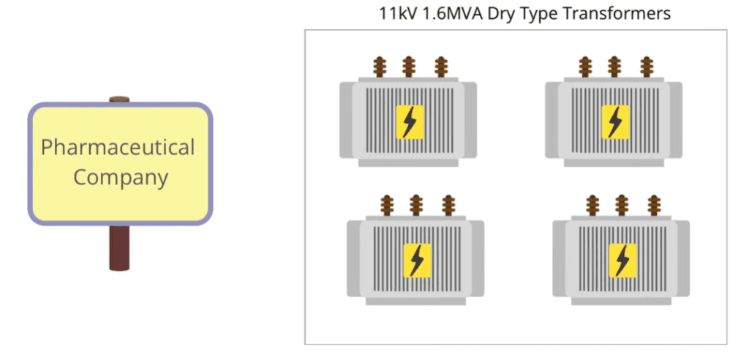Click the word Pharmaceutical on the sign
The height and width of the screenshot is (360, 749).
(x=118, y=148)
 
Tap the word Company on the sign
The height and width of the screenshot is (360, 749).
(x=121, y=177)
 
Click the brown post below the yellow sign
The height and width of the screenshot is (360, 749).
(x=119, y=247)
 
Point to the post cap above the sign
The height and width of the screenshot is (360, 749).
(x=119, y=100)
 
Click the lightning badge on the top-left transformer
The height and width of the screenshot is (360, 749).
(x=410, y=122)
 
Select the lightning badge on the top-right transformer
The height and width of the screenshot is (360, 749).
(x=615, y=122)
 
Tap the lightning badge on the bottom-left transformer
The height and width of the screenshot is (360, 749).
(x=417, y=260)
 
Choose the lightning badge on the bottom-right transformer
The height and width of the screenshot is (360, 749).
(x=622, y=260)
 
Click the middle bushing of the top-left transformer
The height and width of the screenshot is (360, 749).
(x=408, y=67)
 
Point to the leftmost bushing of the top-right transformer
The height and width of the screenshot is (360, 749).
(x=585, y=67)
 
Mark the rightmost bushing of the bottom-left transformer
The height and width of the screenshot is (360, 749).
(x=448, y=206)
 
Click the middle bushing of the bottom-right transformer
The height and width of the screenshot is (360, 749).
(x=621, y=206)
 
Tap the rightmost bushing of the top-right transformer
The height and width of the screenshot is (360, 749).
(x=647, y=67)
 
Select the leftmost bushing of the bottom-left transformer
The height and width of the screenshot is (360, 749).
(x=387, y=206)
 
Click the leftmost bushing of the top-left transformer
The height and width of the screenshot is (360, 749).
(x=380, y=67)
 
